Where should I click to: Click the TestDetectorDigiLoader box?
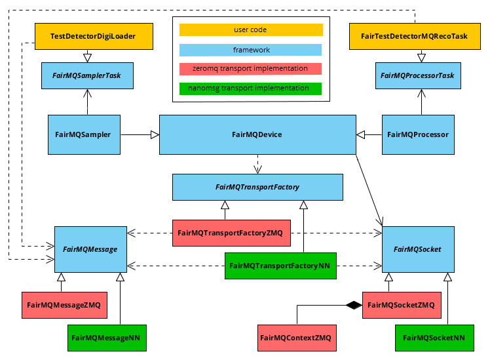pyautogui.click(x=93, y=36)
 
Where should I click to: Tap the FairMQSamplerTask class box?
pyautogui.click(x=87, y=75)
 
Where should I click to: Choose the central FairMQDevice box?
pyautogui.click(x=257, y=134)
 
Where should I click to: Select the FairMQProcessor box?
pyautogui.click(x=418, y=134)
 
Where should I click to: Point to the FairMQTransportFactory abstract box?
pyautogui.click(x=257, y=187)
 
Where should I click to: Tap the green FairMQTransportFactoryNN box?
pyautogui.click(x=280, y=266)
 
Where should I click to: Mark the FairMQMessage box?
pyautogui.click(x=90, y=249)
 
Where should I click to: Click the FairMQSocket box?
pyautogui.click(x=417, y=249)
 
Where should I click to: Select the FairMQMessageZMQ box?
pyautogui.click(x=64, y=305)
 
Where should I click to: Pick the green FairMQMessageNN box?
pyautogui.click(x=107, y=338)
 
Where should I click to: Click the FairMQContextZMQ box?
pyautogui.click(x=295, y=338)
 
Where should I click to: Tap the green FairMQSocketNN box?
pyautogui.click(x=434, y=338)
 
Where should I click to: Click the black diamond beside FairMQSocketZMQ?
pyautogui.click(x=354, y=305)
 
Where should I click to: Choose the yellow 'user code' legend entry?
pyautogui.click(x=250, y=30)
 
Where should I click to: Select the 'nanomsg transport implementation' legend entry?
pyautogui.click(x=250, y=89)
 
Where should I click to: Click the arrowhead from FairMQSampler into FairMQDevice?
pyautogui.click(x=155, y=134)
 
